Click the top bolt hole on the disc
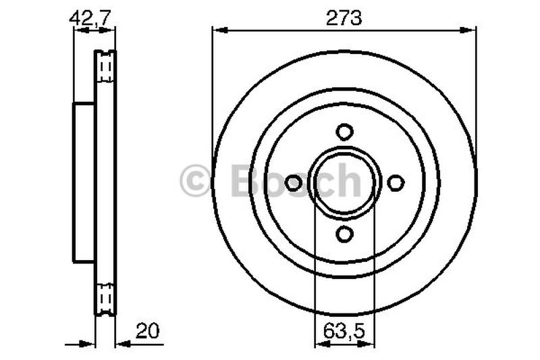tap(344, 131)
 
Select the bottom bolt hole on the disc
tap(344, 234)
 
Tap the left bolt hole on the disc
tap(294, 182)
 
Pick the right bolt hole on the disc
tap(396, 182)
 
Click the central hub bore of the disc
tap(344, 182)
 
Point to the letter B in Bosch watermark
tap(246, 181)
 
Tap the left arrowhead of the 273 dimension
tap(217, 29)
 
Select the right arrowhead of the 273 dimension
tap(471, 29)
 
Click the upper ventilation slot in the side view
tap(105, 68)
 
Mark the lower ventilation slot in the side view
tap(105, 297)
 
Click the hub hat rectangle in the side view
tap(84, 182)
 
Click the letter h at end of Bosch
tap(350, 181)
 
